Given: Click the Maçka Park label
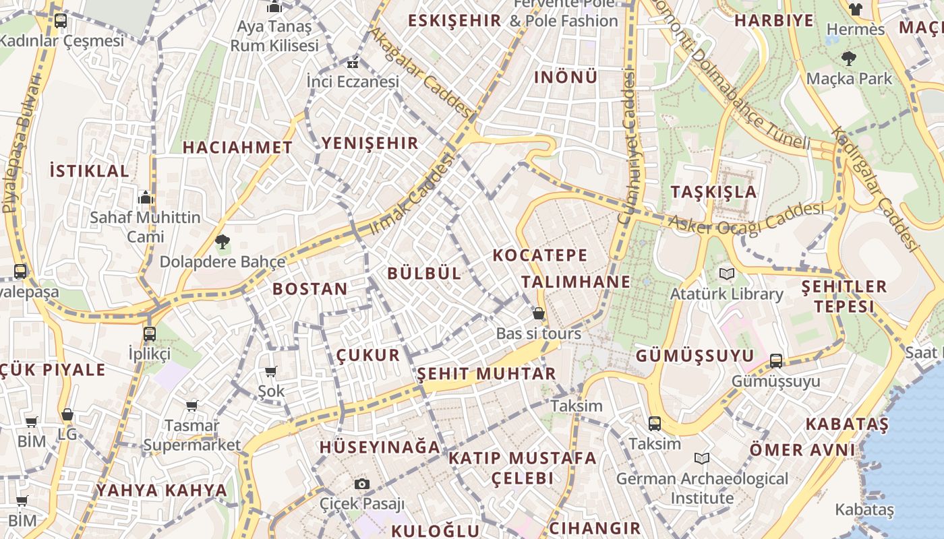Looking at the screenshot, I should [849, 78].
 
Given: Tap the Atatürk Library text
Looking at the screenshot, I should [726, 294].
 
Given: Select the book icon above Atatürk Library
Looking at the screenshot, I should [726, 274].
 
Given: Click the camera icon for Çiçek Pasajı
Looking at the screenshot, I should [362, 484].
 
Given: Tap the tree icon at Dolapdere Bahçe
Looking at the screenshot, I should [222, 241].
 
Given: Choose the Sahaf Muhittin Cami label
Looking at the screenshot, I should [145, 227].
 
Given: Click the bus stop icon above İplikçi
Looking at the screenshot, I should [150, 334].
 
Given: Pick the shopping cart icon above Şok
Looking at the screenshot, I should [271, 371].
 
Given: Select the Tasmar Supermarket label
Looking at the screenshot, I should [191, 435].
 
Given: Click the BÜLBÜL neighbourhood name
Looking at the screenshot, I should [424, 273].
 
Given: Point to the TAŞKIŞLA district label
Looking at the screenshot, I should [714, 191].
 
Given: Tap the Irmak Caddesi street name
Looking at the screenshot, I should [411, 195].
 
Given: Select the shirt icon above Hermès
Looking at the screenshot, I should [855, 9].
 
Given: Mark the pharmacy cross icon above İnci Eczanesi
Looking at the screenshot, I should [352, 65].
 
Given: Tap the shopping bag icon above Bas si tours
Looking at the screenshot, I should [538, 313].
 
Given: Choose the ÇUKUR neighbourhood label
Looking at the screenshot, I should [368, 355].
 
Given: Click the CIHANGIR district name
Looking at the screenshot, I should [595, 528].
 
